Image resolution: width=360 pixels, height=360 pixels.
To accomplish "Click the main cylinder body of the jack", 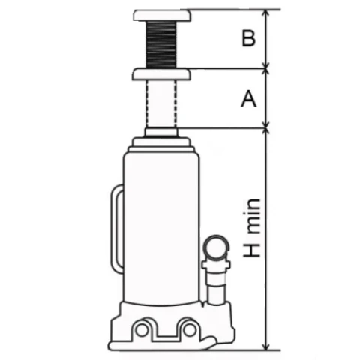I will (x=160, y=225).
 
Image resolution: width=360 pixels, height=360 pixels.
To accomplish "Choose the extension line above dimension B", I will (x=232, y=10).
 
